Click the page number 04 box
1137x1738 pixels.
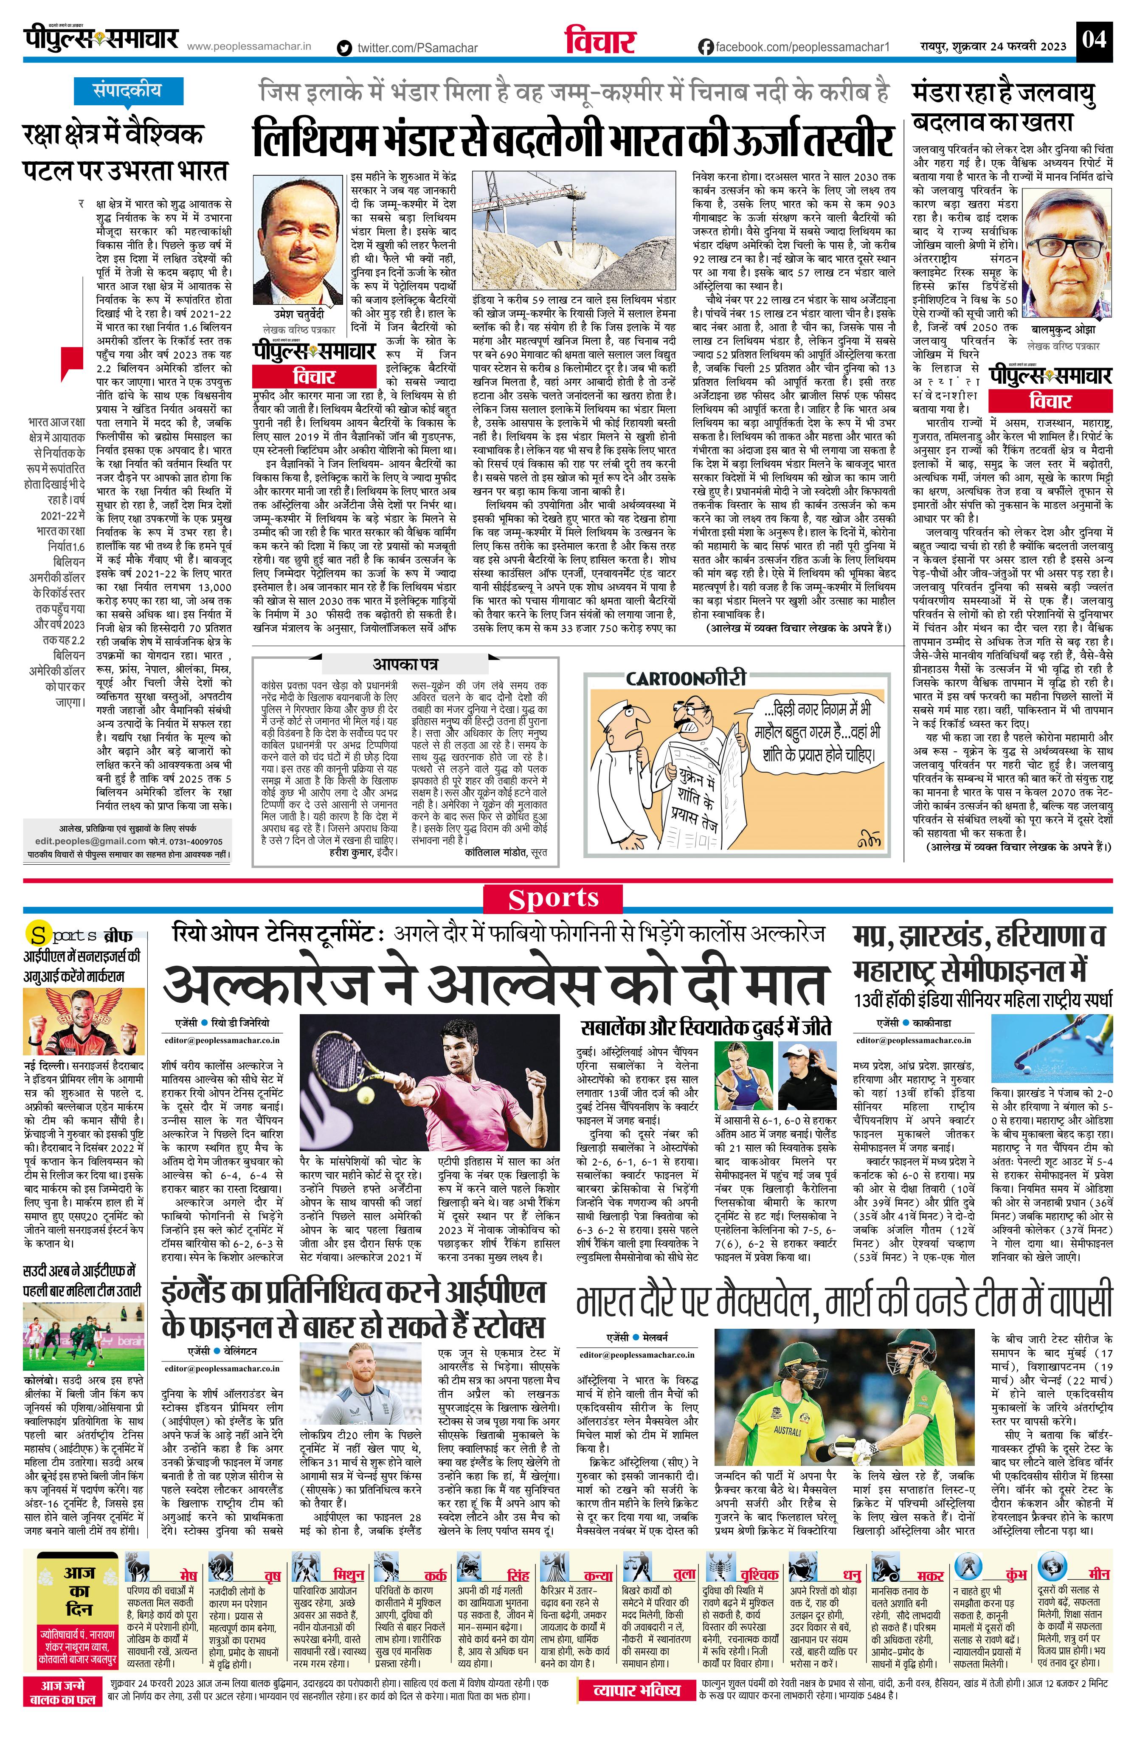coord(1094,38)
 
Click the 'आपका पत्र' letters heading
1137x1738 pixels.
coord(406,664)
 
